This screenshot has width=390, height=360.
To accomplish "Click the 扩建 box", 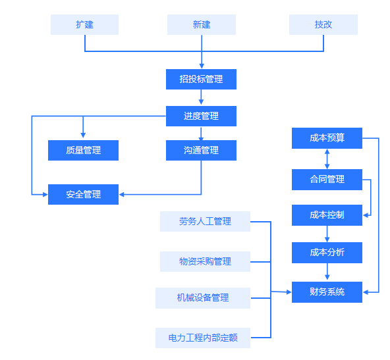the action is point(84,24).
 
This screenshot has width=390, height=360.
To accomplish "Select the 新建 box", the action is point(202,24).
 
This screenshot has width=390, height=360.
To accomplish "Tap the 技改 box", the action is point(323,24).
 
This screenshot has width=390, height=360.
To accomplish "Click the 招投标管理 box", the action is point(201,79).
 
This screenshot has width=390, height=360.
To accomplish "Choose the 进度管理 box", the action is point(201,116).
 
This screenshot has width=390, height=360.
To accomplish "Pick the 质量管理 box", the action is point(83,150).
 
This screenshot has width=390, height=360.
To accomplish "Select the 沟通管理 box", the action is point(201,150).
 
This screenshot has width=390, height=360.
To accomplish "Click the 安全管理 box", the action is point(83,195).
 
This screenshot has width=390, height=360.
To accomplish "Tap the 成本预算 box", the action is point(327,138).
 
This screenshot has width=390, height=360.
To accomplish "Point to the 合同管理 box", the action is point(327,180).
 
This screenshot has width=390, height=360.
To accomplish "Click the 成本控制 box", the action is point(327,215).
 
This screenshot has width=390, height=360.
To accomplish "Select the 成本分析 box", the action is point(327,253).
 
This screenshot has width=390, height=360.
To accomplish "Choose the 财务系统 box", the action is point(327,292).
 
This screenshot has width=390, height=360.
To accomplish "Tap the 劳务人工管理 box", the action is point(205,222).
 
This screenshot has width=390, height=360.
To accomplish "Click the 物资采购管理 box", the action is point(205,262).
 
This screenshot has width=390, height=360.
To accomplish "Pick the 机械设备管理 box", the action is point(203,298).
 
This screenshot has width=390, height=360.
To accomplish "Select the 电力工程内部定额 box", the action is point(203,338).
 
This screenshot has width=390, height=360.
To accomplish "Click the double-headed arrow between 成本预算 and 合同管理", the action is point(327,159).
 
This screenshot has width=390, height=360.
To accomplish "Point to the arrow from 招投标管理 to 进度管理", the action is point(201,97).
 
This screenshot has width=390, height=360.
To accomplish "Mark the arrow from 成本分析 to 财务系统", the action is point(327,272).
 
